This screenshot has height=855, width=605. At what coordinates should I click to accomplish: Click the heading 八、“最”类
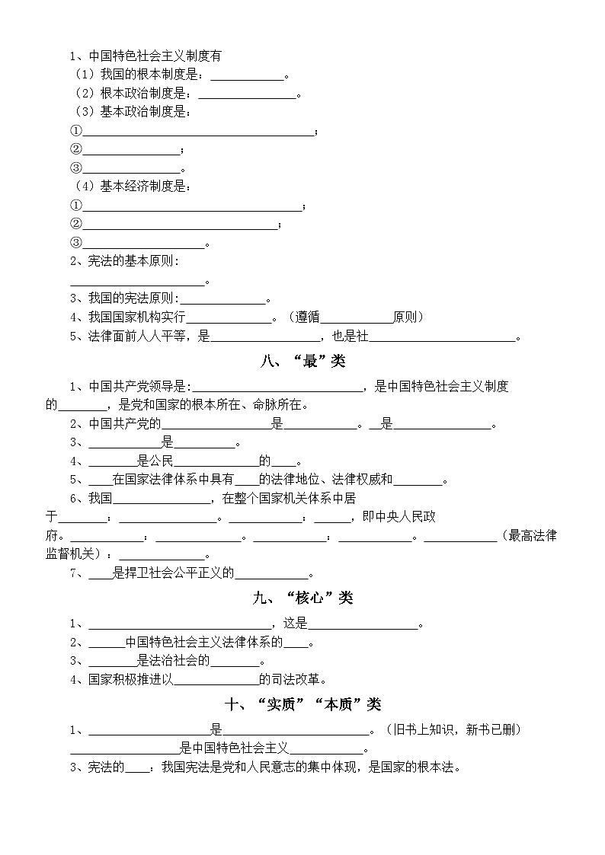[302, 361]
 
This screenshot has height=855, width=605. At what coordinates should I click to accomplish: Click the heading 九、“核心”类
[302, 598]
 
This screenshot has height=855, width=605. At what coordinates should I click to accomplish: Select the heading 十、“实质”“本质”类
[302, 704]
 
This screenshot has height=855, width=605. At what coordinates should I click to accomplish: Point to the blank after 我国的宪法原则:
[222, 298]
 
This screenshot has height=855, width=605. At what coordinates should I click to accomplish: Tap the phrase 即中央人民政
[399, 518]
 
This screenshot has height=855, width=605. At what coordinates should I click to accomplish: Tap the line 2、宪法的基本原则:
[124, 261]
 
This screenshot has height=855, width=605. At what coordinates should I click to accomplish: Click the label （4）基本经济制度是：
[133, 187]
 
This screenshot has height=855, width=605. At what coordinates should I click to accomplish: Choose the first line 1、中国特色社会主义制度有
[145, 56]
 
